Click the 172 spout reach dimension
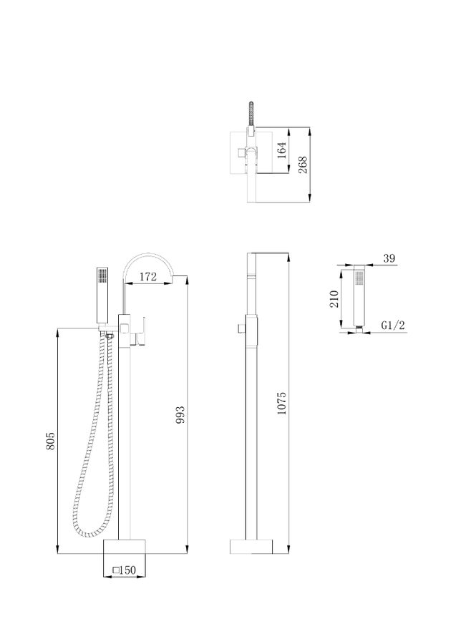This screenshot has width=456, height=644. [x=148, y=277]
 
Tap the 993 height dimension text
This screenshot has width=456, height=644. [x=180, y=415]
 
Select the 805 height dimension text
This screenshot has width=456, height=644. [x=50, y=441]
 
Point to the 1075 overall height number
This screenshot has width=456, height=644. [x=281, y=403]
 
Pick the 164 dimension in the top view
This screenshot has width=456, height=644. [x=281, y=150]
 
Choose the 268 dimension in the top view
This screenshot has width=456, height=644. [x=303, y=165]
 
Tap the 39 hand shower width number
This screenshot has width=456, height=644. [x=389, y=258]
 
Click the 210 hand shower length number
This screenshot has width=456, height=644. [x=334, y=298]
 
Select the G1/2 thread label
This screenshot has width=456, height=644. [x=393, y=326]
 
